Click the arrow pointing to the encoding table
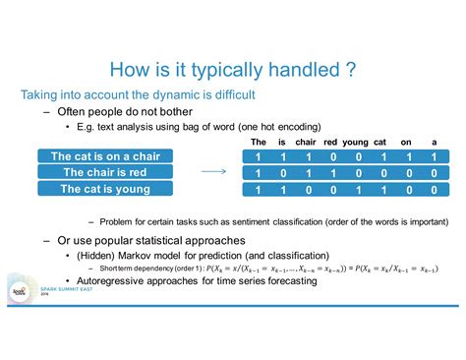214,171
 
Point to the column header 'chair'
307,142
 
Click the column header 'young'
355,142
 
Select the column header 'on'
405,142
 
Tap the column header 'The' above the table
259,142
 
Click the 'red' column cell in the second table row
331,172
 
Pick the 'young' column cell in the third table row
355,189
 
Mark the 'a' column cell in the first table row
434,155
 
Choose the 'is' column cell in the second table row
283,172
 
